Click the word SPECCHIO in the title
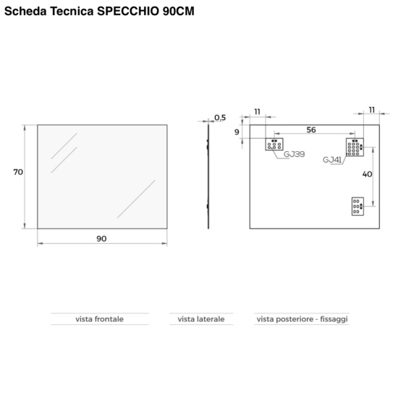click(x=128, y=11)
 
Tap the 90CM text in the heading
click(x=179, y=11)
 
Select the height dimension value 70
click(x=18, y=172)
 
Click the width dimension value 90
click(x=101, y=239)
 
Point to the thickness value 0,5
click(x=220, y=117)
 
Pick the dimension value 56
click(x=311, y=130)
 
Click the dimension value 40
click(x=367, y=174)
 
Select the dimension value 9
click(x=237, y=132)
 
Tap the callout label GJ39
click(x=294, y=154)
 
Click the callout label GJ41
click(x=332, y=160)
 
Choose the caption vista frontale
click(x=100, y=319)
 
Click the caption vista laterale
click(x=201, y=319)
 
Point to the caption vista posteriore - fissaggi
click(x=302, y=319)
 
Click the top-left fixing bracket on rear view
click(x=274, y=144)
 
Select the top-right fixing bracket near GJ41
click(x=355, y=147)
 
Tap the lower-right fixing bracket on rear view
click(x=357, y=206)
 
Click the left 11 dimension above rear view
click(x=258, y=111)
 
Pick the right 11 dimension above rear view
click(x=372, y=110)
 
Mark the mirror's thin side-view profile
click(x=208, y=177)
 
